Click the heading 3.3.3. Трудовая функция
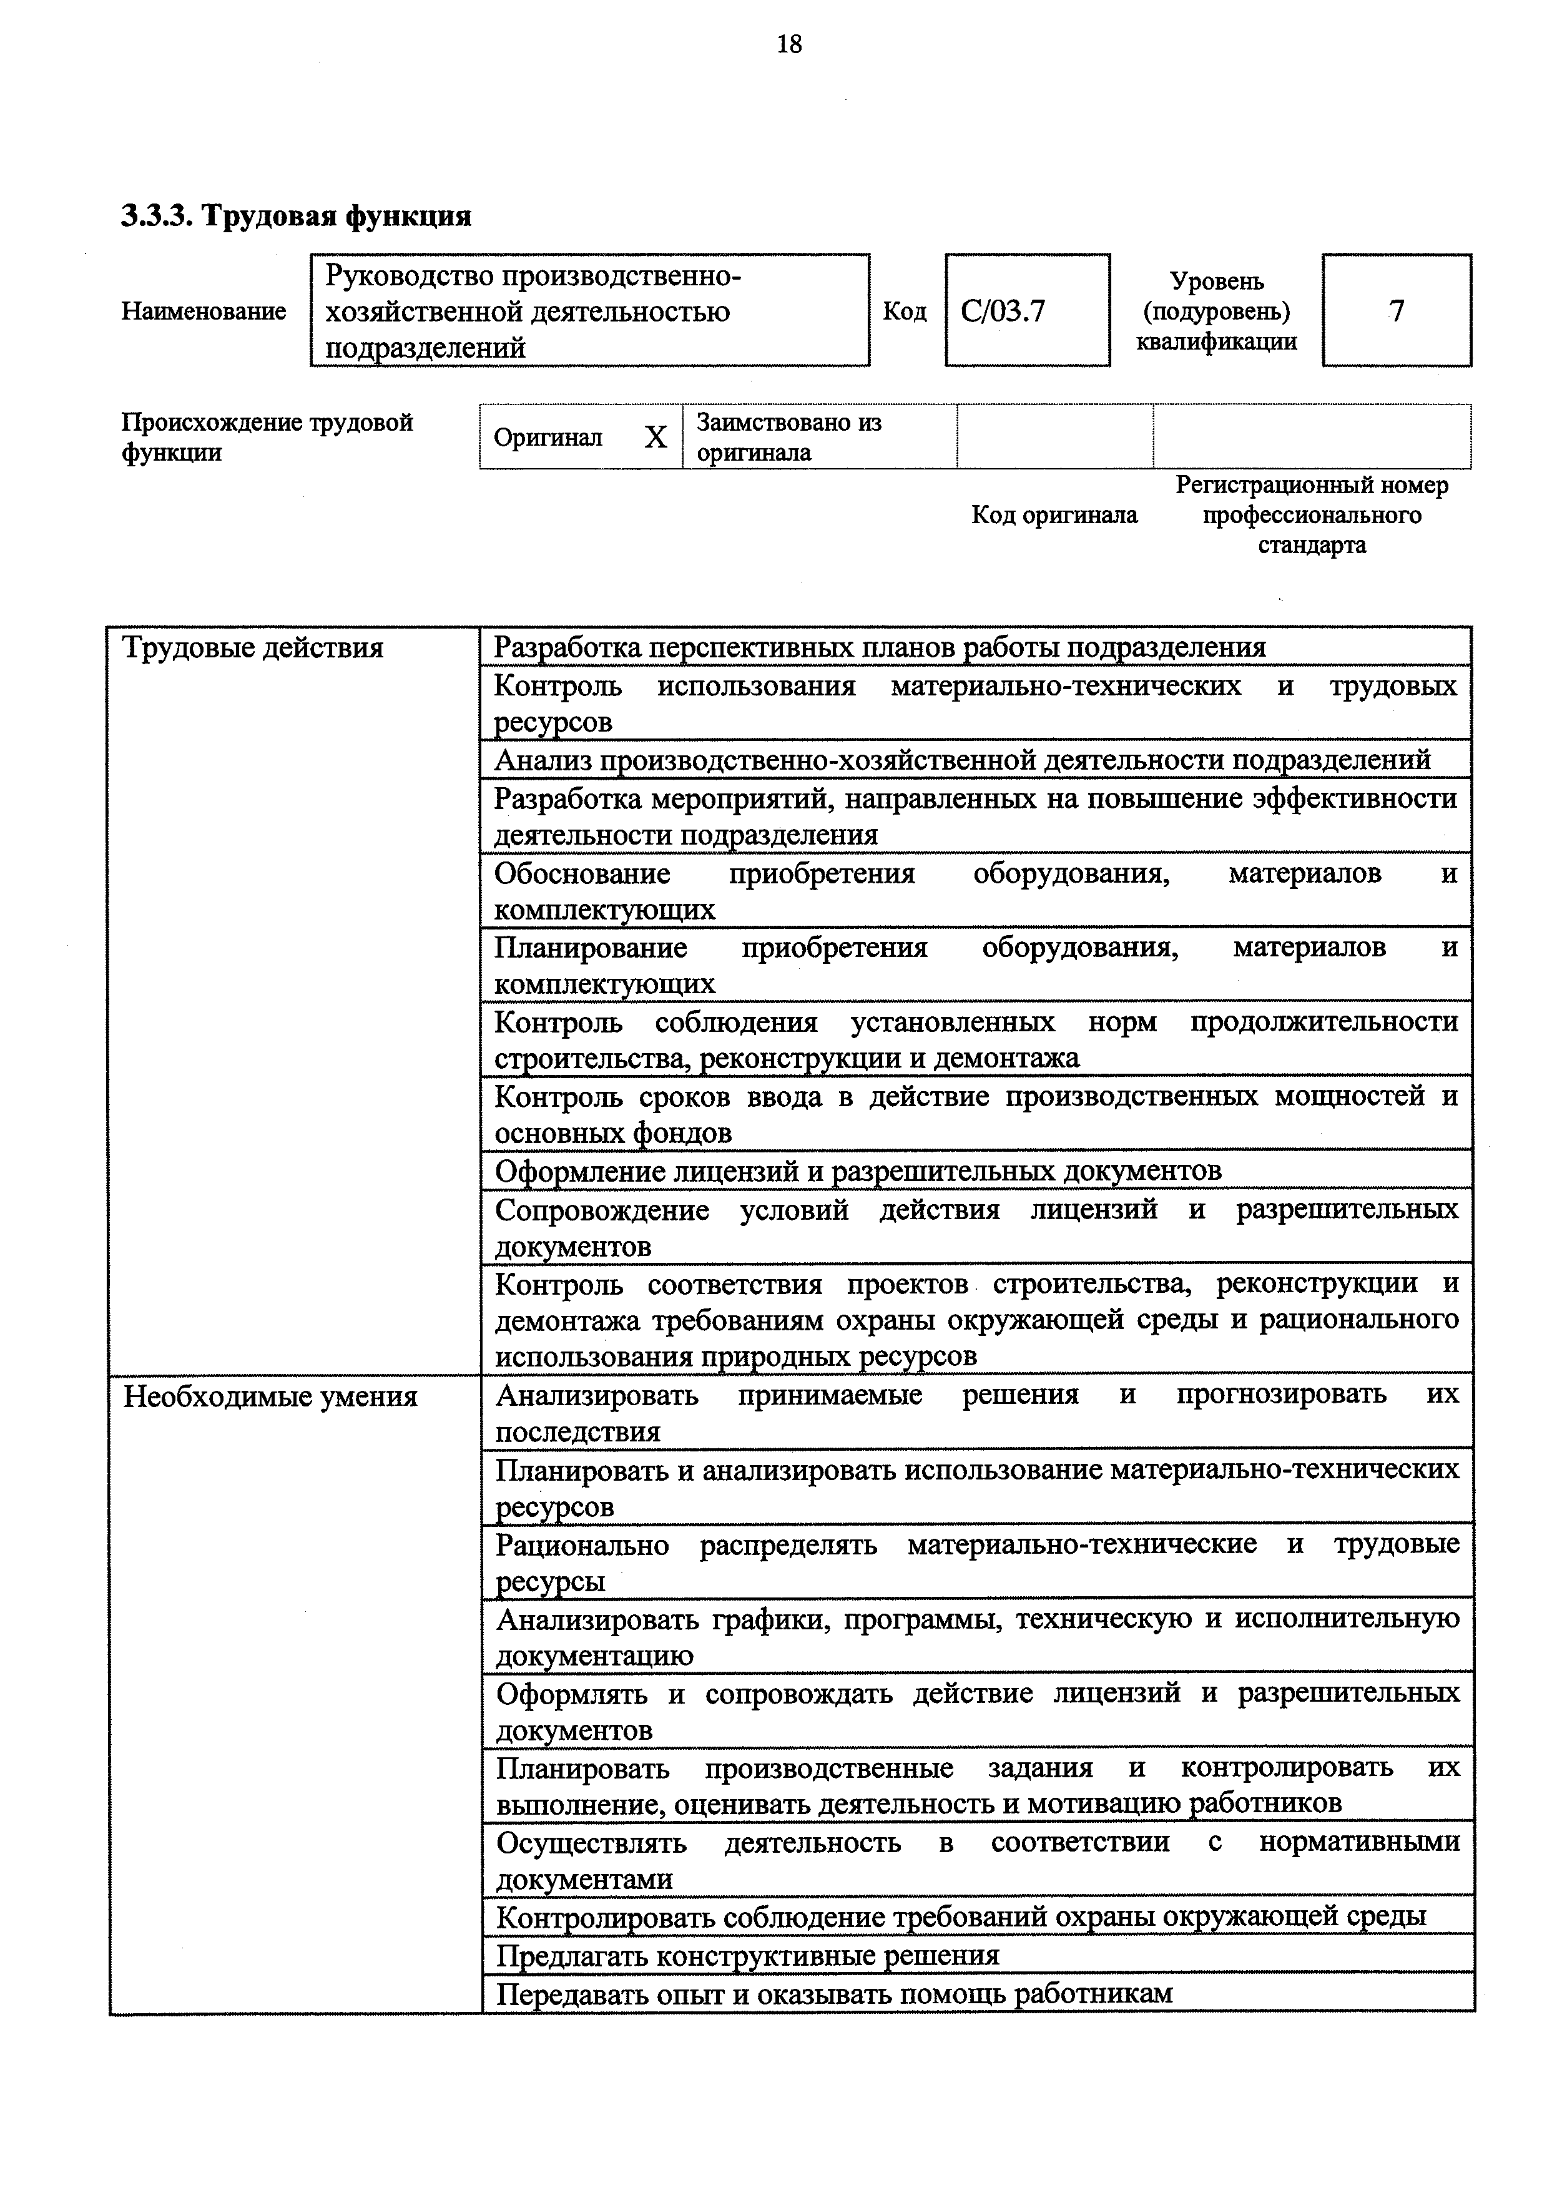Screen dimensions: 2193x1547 tap(296, 217)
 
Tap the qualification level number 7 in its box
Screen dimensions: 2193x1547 tap(1396, 310)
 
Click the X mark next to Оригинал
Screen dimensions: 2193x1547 tap(655, 438)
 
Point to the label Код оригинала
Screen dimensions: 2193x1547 tap(1054, 516)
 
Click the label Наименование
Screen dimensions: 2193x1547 tap(204, 312)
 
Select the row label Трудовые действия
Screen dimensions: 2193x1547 tap(253, 649)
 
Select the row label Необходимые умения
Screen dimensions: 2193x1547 tap(270, 1397)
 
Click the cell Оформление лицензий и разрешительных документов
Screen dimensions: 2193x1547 tap(858, 1170)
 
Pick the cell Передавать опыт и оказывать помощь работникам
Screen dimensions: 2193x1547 tap(833, 1993)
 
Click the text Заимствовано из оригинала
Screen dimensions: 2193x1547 tap(788, 438)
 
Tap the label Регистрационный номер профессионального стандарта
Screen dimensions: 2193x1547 tap(1311, 516)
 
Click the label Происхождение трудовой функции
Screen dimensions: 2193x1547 tap(267, 438)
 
